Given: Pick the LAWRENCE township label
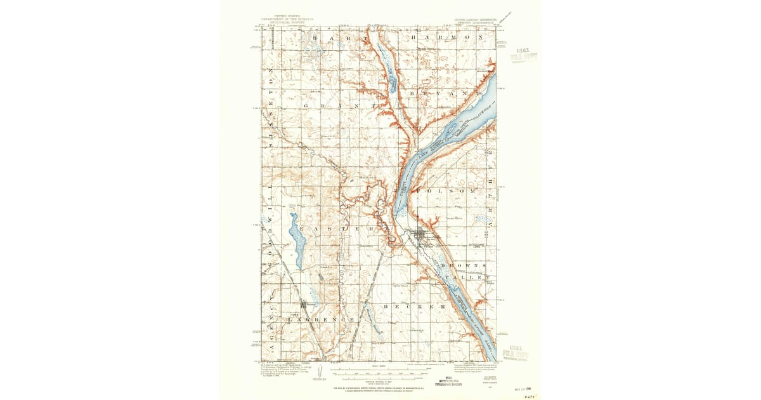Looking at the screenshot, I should click(320, 319).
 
